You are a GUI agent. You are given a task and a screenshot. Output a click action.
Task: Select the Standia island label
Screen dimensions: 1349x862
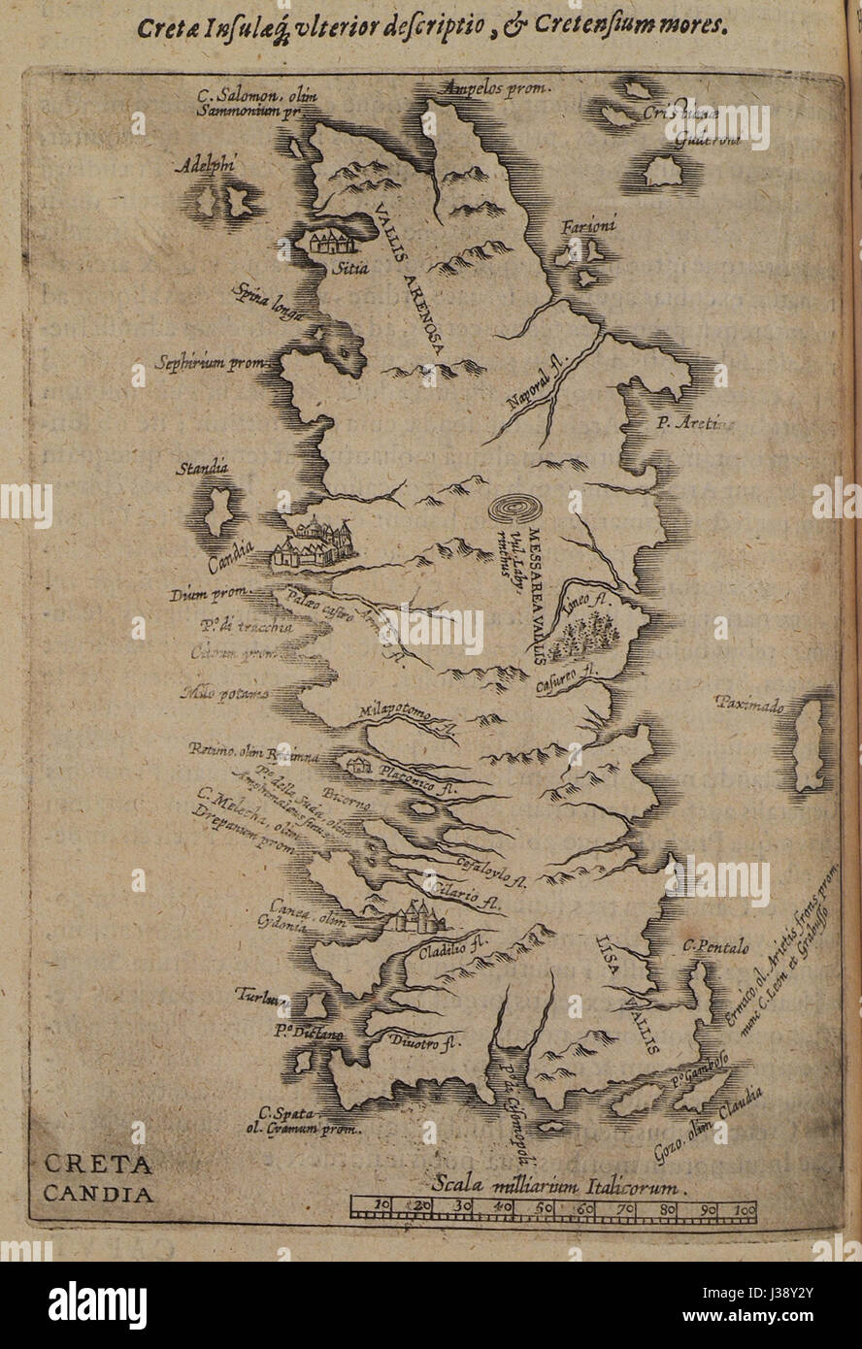coord(203,470)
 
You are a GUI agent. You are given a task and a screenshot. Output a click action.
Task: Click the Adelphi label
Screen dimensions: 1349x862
coord(206,166)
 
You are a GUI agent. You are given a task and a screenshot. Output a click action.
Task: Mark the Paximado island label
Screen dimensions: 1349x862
coord(750,705)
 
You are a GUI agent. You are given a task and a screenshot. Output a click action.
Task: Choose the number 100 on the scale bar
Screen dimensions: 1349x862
coord(745,1208)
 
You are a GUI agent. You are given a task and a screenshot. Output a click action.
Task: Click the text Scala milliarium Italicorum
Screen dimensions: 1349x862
coord(555,1185)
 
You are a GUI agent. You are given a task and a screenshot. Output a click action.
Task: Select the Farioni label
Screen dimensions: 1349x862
coord(588,226)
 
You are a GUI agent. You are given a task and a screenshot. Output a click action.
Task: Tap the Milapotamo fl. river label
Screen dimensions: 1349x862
coord(406,716)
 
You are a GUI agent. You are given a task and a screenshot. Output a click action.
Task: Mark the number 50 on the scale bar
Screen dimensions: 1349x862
coord(546,1208)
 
